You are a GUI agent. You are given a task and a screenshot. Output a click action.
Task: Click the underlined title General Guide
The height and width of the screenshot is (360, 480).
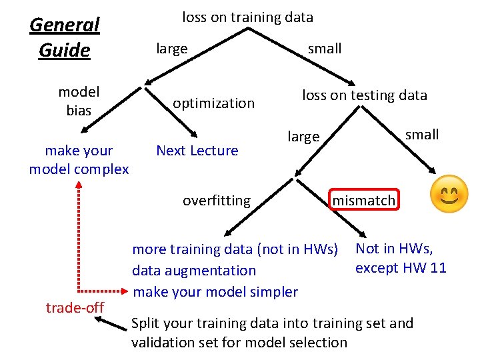tap(65, 37)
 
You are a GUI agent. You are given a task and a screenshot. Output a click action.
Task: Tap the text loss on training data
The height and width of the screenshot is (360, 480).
tap(247, 17)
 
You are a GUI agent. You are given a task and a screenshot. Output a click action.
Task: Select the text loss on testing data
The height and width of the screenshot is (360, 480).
tap(364, 95)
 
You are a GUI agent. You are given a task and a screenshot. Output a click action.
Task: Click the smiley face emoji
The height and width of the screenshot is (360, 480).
tap(449, 194)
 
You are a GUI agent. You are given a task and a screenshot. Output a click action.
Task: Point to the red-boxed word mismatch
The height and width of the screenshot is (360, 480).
tap(364, 200)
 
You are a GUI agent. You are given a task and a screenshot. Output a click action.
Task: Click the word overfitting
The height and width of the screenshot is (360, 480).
tap(217, 200)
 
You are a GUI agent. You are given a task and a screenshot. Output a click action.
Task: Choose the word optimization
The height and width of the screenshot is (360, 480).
tap(213, 103)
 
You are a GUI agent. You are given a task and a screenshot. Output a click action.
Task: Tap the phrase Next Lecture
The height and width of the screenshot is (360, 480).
tap(197, 151)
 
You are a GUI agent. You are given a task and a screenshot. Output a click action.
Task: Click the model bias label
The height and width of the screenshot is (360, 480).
tap(79, 101)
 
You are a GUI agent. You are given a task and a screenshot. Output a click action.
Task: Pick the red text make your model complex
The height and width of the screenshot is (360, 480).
tap(79, 160)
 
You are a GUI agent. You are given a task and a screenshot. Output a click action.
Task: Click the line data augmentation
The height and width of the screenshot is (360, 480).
tap(194, 271)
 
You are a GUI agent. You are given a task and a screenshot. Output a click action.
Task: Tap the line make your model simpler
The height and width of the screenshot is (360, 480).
tap(215, 291)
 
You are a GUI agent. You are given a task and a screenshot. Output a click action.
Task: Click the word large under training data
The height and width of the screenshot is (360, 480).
tap(171, 49)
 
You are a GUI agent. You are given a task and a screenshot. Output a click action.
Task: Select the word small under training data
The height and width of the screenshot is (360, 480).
tap(325, 49)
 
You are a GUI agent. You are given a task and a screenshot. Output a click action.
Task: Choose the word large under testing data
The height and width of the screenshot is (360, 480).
tap(303, 137)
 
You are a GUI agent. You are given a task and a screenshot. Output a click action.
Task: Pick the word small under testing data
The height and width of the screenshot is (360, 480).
tap(422, 135)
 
